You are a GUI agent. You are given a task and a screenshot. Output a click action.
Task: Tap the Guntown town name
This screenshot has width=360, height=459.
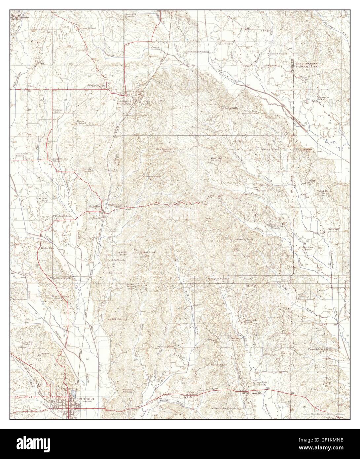coord(125,104)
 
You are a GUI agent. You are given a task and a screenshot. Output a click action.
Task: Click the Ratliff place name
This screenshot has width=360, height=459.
coord(313,180)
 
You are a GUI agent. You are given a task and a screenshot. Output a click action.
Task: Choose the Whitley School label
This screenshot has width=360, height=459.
coord(270,149)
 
